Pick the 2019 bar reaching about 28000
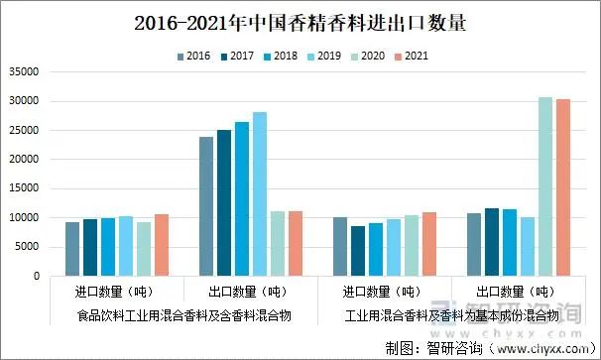point(260,193)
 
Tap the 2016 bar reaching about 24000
point(205,206)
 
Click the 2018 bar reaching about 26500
point(242,198)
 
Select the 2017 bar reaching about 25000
point(224,202)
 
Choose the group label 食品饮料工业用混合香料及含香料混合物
point(183,315)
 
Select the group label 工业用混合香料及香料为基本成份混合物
point(451,315)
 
